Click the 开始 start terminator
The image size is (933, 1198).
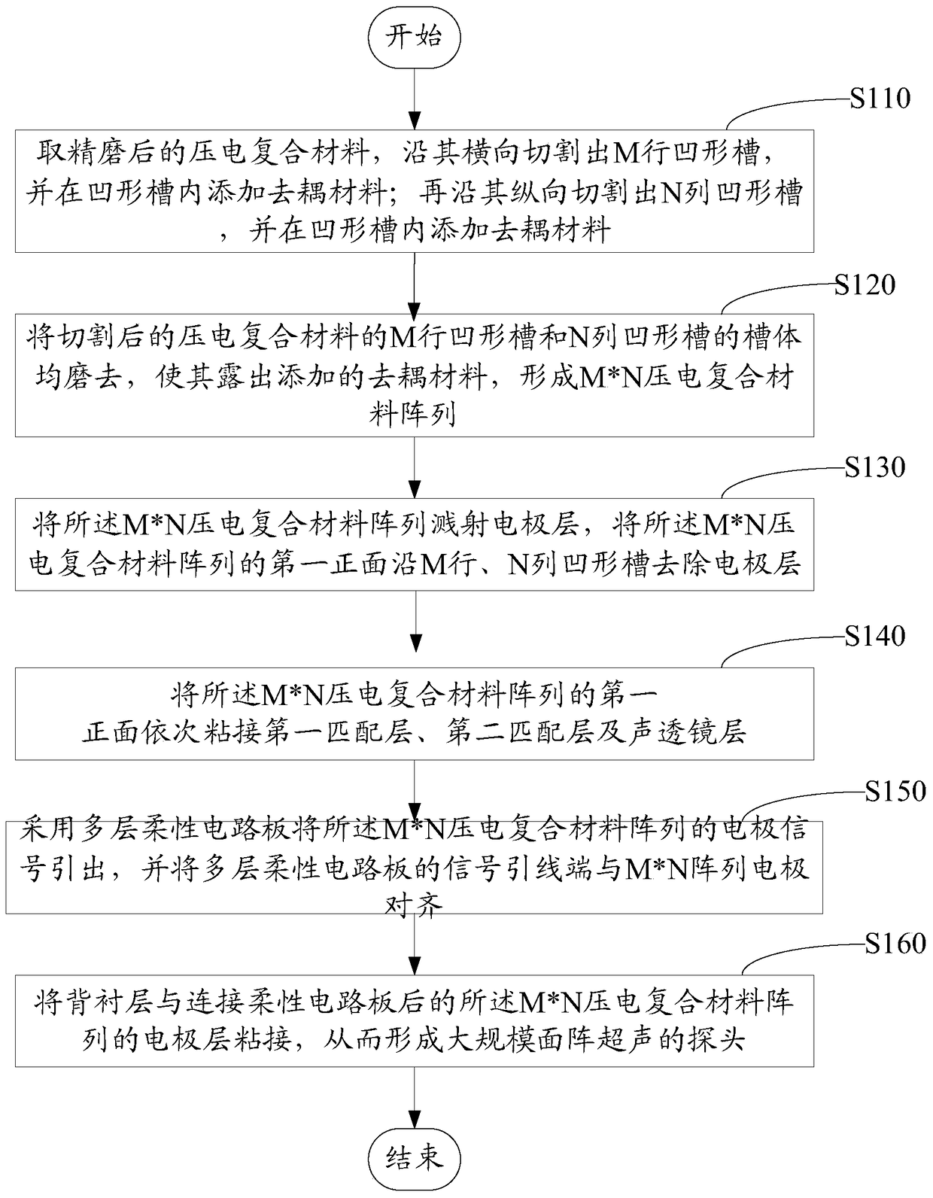[x=414, y=37]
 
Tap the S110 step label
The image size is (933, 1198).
[x=880, y=98]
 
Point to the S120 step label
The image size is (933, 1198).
[x=865, y=284]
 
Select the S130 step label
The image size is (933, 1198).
[x=874, y=467]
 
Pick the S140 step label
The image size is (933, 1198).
[x=874, y=637]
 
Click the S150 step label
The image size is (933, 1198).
[x=895, y=791]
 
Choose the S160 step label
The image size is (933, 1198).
[x=895, y=944]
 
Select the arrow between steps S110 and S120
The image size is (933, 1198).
[x=414, y=282]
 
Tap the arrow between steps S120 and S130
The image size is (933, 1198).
[x=414, y=467]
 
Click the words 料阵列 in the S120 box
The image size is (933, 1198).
[x=412, y=412]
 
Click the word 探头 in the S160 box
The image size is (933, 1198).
[x=715, y=1041]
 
